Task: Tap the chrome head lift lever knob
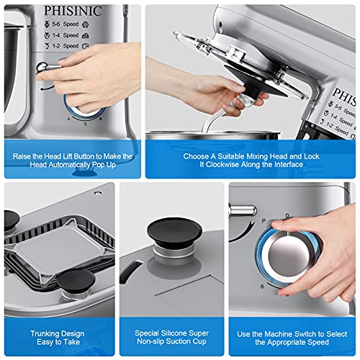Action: [x=45, y=68]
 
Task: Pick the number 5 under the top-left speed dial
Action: [x=85, y=125]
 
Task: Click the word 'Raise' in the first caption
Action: [x=27, y=156]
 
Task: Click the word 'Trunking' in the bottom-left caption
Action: [x=47, y=333]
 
